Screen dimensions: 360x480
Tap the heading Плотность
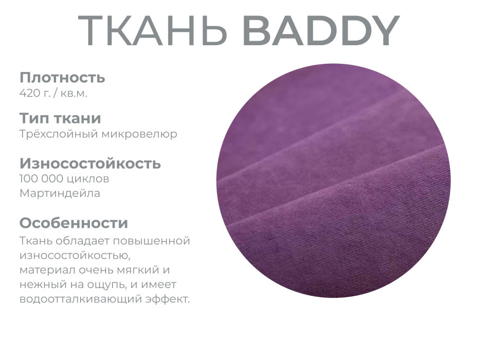(62, 78)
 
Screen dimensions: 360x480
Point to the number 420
(29, 93)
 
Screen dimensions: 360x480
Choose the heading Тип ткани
(60, 118)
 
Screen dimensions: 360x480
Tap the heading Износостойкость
(90, 164)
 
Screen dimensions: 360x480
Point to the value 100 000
(41, 179)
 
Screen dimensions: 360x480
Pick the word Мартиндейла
(60, 193)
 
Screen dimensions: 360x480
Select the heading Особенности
(73, 223)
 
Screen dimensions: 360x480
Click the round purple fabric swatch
(334, 181)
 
